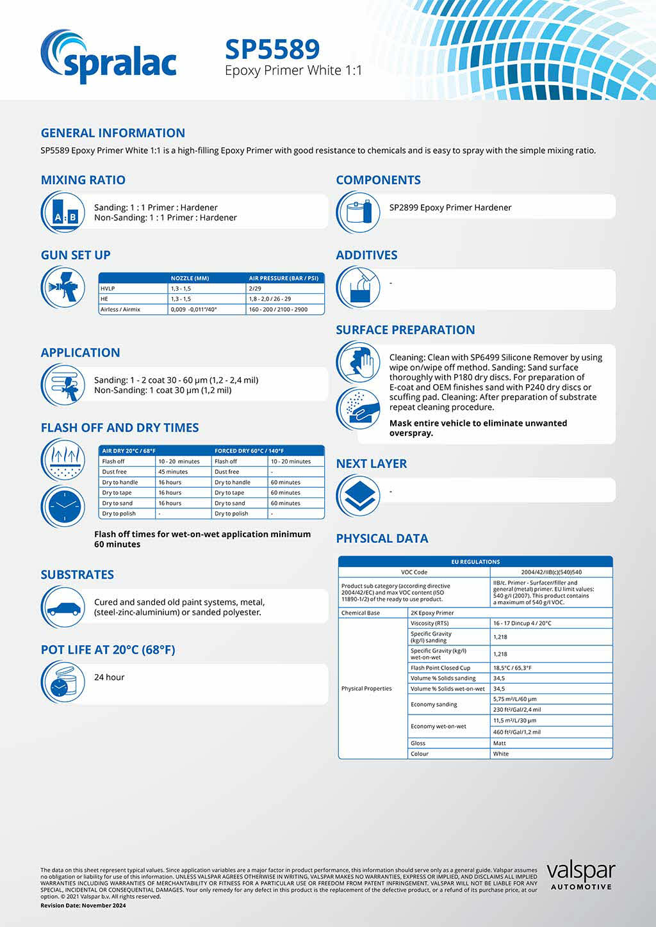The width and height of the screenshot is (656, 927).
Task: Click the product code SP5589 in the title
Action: [x=272, y=49]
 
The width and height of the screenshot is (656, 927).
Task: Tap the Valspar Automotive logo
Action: [x=580, y=875]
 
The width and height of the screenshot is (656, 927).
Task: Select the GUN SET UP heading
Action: [x=76, y=255]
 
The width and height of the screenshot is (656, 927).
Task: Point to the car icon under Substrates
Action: [x=63, y=608]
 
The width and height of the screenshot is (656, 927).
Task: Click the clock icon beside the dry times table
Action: [x=63, y=506]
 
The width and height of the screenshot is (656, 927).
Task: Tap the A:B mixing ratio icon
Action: [x=63, y=213]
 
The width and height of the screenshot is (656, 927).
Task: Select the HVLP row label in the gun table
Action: [x=108, y=289]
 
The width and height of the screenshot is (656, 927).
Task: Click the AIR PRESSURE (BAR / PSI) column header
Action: [x=283, y=278]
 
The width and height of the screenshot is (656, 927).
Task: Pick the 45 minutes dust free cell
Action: [x=173, y=472]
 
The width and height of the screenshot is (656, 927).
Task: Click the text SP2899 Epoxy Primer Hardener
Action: [x=450, y=207]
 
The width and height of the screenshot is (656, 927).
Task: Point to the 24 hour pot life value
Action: [x=110, y=677]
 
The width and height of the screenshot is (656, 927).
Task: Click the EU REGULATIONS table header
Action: [x=475, y=561]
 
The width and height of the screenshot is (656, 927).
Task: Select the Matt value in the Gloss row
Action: [x=500, y=743]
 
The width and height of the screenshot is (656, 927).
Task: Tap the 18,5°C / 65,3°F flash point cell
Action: [x=512, y=668]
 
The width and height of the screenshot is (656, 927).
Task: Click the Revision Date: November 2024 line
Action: [x=83, y=905]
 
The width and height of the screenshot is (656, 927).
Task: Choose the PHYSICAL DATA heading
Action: [x=382, y=538]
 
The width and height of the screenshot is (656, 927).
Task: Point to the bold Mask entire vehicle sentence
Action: [x=478, y=428]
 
